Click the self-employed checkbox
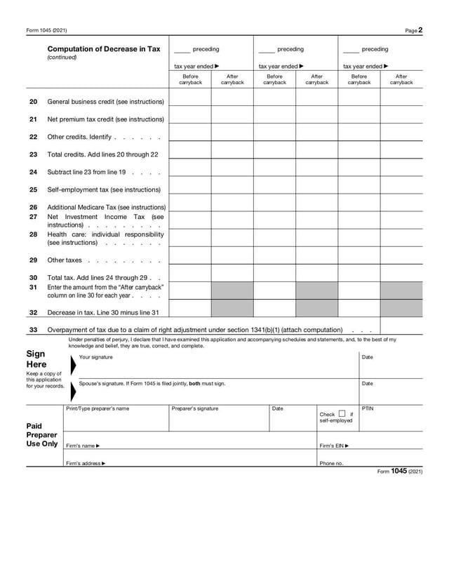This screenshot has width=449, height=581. click(x=342, y=413)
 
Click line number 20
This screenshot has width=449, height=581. click(x=33, y=102)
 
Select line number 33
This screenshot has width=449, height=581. click(x=33, y=330)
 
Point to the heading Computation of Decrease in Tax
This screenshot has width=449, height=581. click(x=104, y=49)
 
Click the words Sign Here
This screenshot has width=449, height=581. click(x=36, y=359)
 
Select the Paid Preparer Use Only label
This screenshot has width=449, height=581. click(x=42, y=435)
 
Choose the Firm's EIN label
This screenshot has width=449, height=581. click(x=334, y=446)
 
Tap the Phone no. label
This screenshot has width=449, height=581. click(x=331, y=463)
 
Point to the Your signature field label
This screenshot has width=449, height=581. click(x=95, y=358)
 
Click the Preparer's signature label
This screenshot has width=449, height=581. click(x=195, y=408)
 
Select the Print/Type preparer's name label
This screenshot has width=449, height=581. click(x=98, y=408)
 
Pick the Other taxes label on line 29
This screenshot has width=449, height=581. click(x=65, y=260)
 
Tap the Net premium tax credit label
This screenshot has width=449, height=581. click(x=105, y=119)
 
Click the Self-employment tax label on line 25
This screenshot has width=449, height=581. click(x=104, y=189)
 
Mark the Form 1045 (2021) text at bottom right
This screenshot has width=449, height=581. click(x=400, y=472)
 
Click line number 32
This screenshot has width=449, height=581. click(x=33, y=312)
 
